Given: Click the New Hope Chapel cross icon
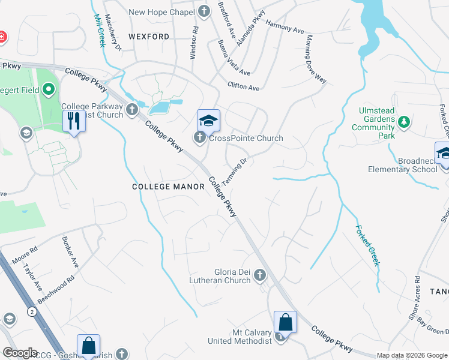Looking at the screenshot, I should tap(204, 11).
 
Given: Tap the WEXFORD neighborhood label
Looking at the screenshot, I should tap(149, 37).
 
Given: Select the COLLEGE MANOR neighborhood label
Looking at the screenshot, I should tap(168, 187).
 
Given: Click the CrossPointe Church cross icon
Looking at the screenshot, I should tap(200, 138).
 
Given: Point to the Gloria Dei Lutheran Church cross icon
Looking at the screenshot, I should tap(260, 275).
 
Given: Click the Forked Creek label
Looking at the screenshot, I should tap(368, 245).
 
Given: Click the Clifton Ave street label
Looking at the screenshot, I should tap(243, 87).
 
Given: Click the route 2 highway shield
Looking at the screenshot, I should tap(30, 310).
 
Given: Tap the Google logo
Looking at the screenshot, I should tap(19, 352).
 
